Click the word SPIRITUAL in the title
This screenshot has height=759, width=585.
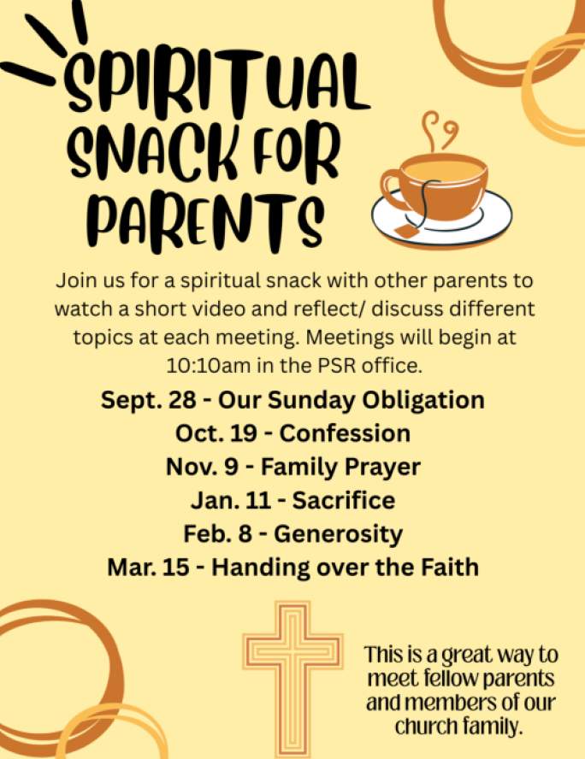click(x=217, y=82)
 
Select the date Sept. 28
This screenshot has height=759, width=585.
click(x=149, y=400)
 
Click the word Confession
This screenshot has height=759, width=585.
click(x=345, y=433)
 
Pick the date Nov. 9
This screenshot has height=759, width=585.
click(x=203, y=468)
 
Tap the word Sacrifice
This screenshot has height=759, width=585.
click(x=343, y=500)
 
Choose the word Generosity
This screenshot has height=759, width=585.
click(x=338, y=534)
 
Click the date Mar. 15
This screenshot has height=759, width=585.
click(x=148, y=568)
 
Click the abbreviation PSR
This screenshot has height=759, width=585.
click(x=335, y=366)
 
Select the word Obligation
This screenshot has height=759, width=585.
click(x=423, y=401)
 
